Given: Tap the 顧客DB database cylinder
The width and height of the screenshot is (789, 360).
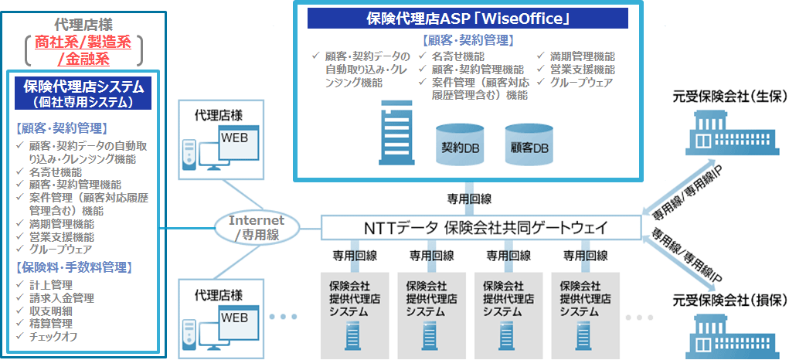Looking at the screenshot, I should pos(529,143).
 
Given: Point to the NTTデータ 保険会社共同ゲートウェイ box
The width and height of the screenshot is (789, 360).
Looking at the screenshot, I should pos(481,228).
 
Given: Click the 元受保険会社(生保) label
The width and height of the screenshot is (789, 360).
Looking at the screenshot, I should pos(729,96).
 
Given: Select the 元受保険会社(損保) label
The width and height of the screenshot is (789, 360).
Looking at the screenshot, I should pos(729,300).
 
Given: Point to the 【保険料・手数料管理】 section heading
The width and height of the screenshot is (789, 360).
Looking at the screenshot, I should pos(74,268).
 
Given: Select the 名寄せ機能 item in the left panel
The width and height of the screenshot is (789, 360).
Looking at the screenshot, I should pos(55,172).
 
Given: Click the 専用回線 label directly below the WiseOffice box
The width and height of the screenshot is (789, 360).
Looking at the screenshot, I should pos(469,199).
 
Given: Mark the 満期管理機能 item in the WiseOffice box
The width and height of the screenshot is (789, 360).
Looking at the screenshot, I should pos(583,56).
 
